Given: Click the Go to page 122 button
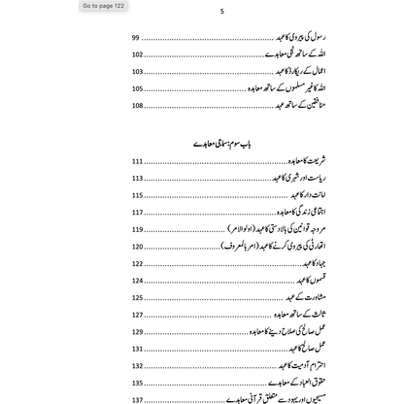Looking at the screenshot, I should pos(104,6).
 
